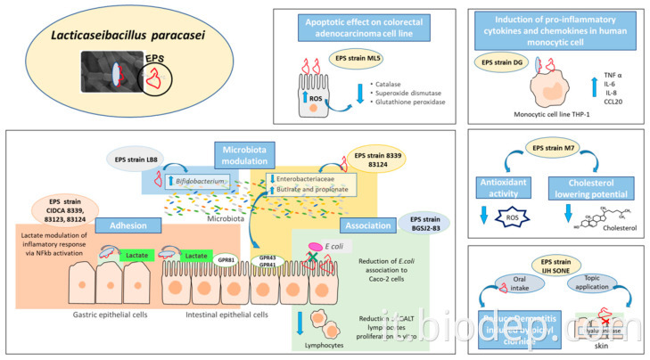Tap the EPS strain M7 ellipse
(556, 148)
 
